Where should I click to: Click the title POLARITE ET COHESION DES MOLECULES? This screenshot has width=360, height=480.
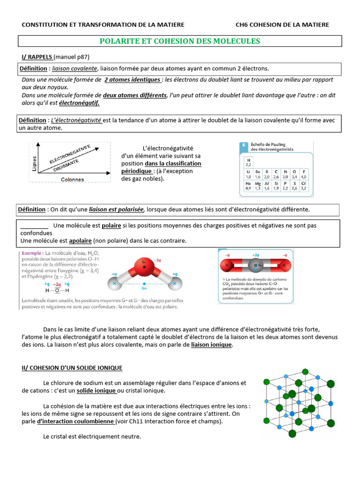coord(180,41)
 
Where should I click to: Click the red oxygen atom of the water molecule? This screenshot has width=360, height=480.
coord(144,267)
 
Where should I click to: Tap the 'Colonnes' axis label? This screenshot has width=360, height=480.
coord(72,179)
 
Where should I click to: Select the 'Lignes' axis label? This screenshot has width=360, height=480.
coord(34,163)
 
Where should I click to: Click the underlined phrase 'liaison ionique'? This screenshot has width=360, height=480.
coord(211,345)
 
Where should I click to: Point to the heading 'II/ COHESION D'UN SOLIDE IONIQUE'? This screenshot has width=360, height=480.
coord(72,367)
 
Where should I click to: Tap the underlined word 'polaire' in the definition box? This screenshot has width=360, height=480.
coord(112,225)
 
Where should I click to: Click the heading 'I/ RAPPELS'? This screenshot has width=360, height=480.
coord(37,57)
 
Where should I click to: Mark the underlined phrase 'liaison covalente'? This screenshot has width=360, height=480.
coord(75,68)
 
